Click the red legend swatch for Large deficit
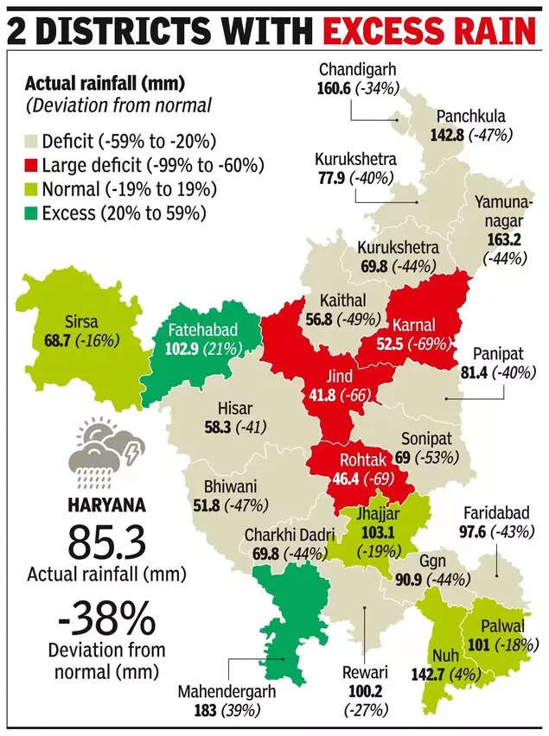tap(32, 164)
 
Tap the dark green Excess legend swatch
tap(32, 211)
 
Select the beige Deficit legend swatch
tap(32, 141)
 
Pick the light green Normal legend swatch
tap(32, 187)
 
